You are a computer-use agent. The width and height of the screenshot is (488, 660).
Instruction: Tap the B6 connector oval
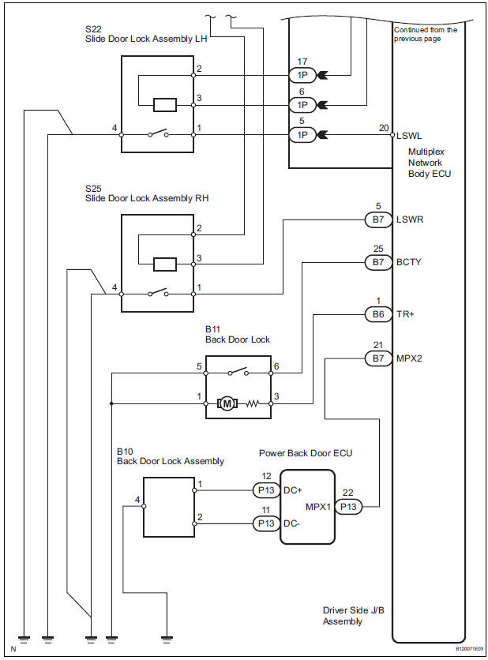point(377,314)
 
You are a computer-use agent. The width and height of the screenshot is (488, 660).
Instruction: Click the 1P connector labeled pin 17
point(302,76)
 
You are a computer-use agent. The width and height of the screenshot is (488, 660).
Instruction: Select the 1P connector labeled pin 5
point(302,135)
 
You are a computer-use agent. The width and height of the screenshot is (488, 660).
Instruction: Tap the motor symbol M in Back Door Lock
point(228,404)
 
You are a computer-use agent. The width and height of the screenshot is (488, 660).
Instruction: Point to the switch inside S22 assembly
point(157,135)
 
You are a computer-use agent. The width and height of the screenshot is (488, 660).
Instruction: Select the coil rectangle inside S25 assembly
point(166,264)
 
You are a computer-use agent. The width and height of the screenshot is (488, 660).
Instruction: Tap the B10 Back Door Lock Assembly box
point(168,507)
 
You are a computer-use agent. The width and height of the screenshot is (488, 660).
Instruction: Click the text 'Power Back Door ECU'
point(306,453)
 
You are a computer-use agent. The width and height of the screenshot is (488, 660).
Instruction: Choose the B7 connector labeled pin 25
point(377,261)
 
